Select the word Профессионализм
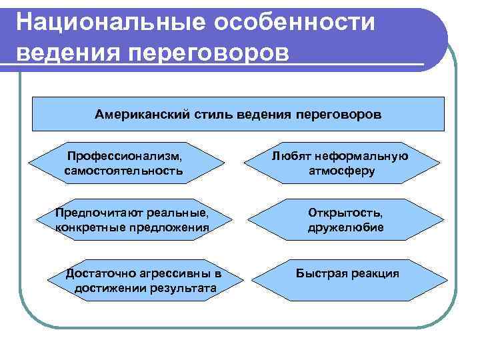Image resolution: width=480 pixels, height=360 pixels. pyautogui.click(x=124, y=156)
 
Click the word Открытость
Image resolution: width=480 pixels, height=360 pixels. pyautogui.click(x=345, y=213)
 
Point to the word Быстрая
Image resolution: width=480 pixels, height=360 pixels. pyautogui.click(x=321, y=274)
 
